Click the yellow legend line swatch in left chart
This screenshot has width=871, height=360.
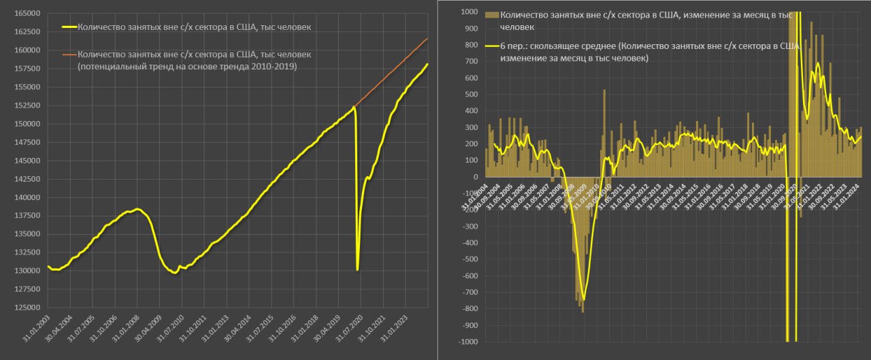coord(69,28)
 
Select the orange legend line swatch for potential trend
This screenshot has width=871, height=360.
coord(69,54)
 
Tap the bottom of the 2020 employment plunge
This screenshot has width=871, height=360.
coord(357,269)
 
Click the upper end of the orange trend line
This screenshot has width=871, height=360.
coord(427,39)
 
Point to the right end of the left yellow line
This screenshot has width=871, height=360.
coord(427,65)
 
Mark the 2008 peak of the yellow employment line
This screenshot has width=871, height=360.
coord(137,209)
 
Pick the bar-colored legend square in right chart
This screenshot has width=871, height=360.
coord(492,14)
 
